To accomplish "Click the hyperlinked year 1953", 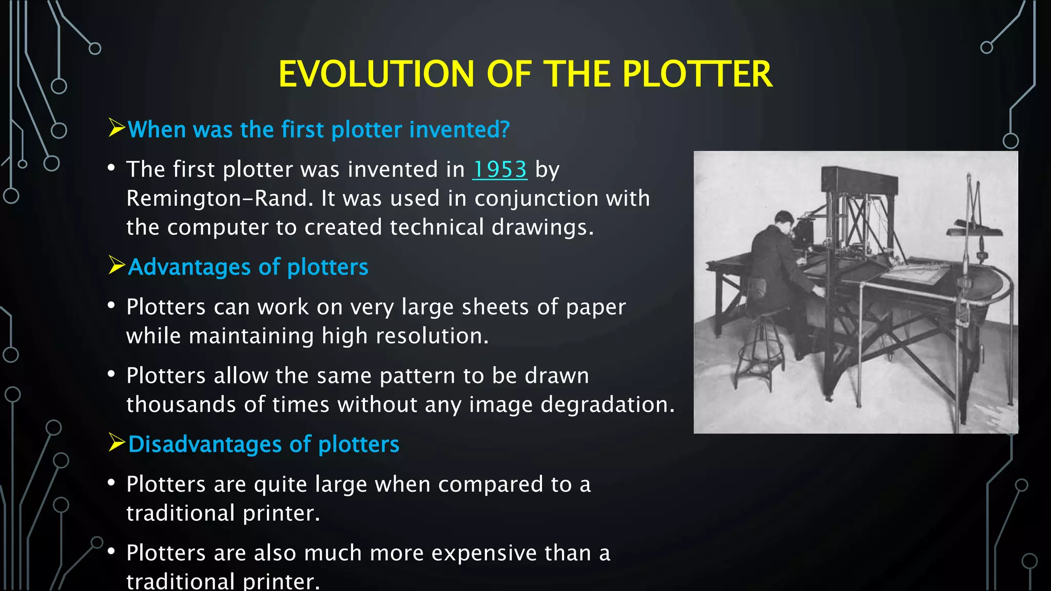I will (499, 169).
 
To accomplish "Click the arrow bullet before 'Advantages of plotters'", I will (116, 265).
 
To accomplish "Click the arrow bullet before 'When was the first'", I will (116, 128).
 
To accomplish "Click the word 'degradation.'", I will (608, 405).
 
